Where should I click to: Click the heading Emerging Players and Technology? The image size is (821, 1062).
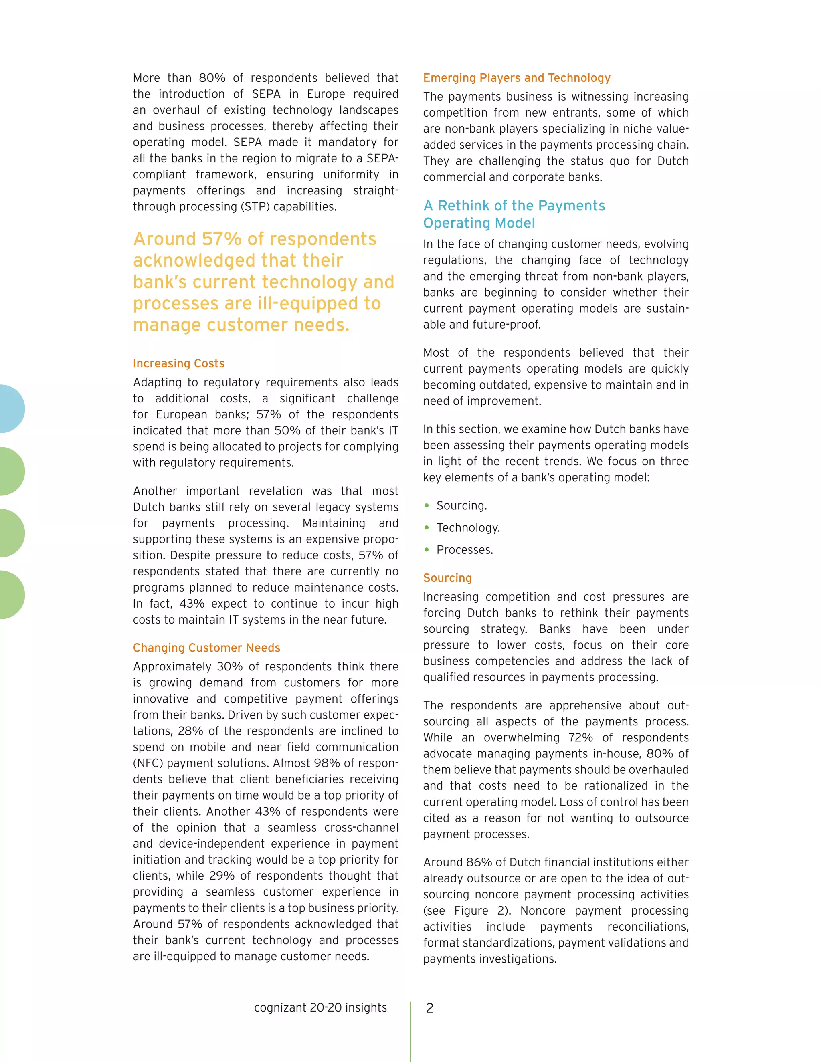coord(516,78)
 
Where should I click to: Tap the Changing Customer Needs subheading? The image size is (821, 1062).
coord(206,648)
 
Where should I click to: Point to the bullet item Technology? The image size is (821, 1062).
coord(467,528)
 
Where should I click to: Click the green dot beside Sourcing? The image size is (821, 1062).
coord(427,506)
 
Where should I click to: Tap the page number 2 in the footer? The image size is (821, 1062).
coord(429,1008)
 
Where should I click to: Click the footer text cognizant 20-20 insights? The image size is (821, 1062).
coord(320,1007)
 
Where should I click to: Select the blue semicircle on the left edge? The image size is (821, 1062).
coord(11,408)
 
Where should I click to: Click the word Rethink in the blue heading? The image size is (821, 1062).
coord(465,206)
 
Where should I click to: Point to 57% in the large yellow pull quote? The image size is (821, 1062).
coord(221,239)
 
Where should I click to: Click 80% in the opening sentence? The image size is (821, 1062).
coord(212,78)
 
